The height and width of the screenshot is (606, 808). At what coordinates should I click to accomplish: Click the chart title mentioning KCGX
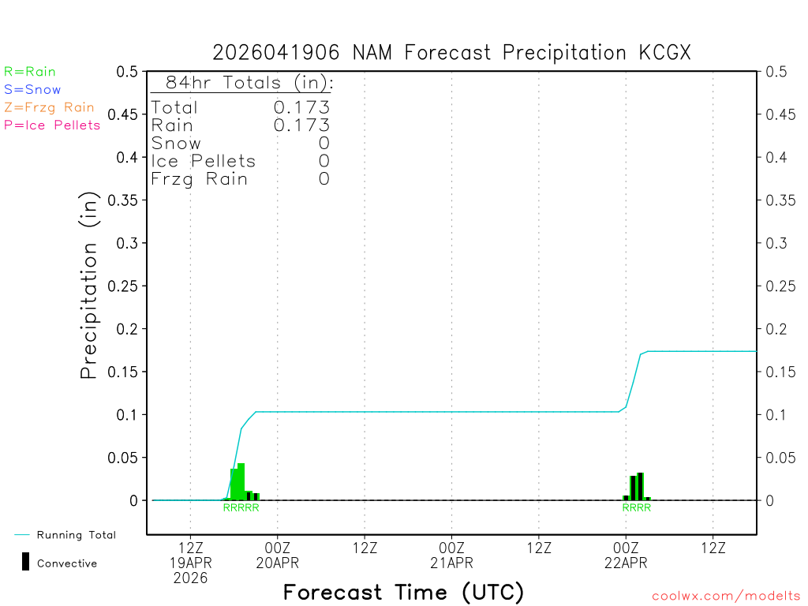[x=451, y=53]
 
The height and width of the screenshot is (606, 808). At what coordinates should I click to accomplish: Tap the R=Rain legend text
[x=30, y=72]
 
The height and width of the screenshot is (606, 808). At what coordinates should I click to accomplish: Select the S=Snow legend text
[x=32, y=90]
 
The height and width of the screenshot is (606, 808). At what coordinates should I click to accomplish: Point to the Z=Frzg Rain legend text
[x=49, y=107]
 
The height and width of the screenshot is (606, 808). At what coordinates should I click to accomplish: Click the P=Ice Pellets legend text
[x=52, y=125]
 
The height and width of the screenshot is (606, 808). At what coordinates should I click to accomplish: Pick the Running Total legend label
[x=76, y=535]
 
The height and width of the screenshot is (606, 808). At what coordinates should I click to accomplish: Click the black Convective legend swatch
[x=26, y=562]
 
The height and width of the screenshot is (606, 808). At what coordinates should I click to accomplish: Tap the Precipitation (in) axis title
[x=89, y=286]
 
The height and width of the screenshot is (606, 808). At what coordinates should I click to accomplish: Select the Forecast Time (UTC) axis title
[x=403, y=592]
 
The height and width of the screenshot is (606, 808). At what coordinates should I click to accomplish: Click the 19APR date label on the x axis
[x=191, y=563]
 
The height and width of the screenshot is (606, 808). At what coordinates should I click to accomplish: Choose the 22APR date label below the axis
[x=626, y=563]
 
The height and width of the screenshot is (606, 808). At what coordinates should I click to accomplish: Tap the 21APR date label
[x=452, y=563]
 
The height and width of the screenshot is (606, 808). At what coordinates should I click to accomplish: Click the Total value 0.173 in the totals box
[x=301, y=107]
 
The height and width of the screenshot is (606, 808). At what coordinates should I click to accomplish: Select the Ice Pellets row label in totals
[x=204, y=161]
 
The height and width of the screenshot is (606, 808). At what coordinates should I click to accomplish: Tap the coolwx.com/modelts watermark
[x=726, y=596]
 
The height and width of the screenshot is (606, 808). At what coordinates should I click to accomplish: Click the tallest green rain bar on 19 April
[x=241, y=481]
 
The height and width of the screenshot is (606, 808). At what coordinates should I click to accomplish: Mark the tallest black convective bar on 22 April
[x=640, y=485]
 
